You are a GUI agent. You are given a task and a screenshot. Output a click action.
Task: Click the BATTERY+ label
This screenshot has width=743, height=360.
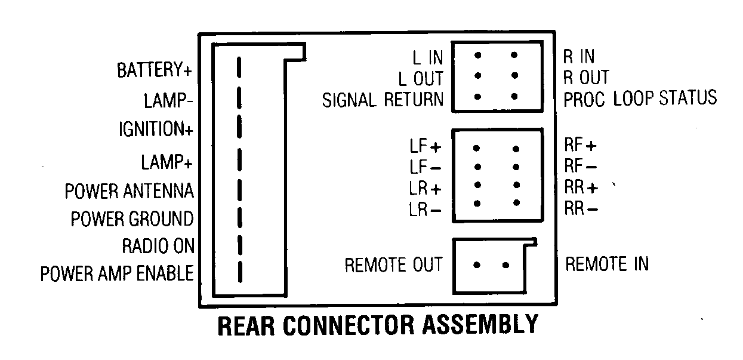[x=154, y=70]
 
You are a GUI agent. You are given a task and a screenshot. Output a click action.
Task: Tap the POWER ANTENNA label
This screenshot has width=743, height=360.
[x=130, y=192]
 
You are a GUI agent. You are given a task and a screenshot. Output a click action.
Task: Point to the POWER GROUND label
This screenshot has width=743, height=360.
[x=132, y=219]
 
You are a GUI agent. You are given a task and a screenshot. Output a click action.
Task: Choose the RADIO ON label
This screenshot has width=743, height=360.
[x=158, y=246]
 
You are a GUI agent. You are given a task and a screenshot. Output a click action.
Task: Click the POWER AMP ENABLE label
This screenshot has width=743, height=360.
[x=117, y=273]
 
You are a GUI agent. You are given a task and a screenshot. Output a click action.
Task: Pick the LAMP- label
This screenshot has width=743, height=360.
[x=168, y=100]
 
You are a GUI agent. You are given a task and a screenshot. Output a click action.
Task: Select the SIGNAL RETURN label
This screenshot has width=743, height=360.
[x=383, y=100]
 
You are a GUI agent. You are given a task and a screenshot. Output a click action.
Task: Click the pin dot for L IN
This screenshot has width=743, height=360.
[x=478, y=55]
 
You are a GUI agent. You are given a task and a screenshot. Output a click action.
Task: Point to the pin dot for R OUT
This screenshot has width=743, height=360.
[x=514, y=76]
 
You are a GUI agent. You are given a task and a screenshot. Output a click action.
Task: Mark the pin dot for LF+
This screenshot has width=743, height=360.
[x=477, y=148]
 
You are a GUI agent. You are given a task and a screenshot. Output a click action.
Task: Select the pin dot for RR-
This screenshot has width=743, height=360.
[x=516, y=204]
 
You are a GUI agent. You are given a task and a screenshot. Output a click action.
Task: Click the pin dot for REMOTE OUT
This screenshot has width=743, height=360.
[x=477, y=264]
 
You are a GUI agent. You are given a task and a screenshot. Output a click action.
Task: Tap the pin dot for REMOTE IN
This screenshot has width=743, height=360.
[x=505, y=264]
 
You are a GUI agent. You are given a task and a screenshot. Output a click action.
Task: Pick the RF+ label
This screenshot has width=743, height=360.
[x=580, y=145]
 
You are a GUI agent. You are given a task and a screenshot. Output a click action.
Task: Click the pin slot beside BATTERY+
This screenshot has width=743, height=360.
[x=239, y=67]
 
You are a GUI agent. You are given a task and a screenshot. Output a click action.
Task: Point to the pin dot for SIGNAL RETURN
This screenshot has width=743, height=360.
[x=478, y=96]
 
